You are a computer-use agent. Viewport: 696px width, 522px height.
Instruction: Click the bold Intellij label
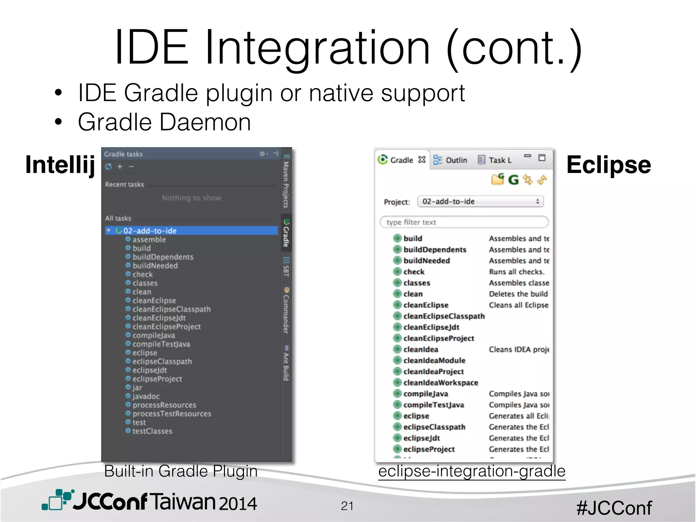[x=60, y=165]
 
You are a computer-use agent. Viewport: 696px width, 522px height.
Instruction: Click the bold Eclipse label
[x=608, y=165]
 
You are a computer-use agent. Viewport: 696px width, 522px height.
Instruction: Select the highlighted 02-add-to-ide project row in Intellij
[x=150, y=231]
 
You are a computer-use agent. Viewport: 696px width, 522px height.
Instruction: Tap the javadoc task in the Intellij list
[x=146, y=396]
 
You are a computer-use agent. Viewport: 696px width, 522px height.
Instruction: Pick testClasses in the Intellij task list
[x=152, y=431]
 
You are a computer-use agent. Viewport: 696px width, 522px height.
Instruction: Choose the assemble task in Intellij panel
[x=149, y=240]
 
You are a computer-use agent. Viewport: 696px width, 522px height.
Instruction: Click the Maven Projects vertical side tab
[x=286, y=182]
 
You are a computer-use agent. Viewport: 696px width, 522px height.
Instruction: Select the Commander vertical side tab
[x=286, y=311]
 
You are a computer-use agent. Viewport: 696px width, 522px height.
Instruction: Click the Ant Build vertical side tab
[x=286, y=364]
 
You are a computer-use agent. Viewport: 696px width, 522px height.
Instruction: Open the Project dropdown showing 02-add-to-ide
[x=480, y=202]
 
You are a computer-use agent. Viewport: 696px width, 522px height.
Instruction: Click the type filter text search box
[x=464, y=222]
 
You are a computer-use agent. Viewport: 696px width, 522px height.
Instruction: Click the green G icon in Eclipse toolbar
[x=513, y=179]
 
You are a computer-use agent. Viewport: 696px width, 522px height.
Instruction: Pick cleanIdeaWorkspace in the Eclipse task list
[x=440, y=383]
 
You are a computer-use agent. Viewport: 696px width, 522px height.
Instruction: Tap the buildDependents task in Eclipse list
[x=435, y=250]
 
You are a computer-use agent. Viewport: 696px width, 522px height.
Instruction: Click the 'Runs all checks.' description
[x=517, y=272]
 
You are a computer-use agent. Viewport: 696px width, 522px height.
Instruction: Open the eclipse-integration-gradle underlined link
[x=472, y=471]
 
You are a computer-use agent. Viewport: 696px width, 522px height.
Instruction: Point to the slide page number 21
[x=347, y=506]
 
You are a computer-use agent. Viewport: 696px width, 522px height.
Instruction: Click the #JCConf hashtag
[x=614, y=508]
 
